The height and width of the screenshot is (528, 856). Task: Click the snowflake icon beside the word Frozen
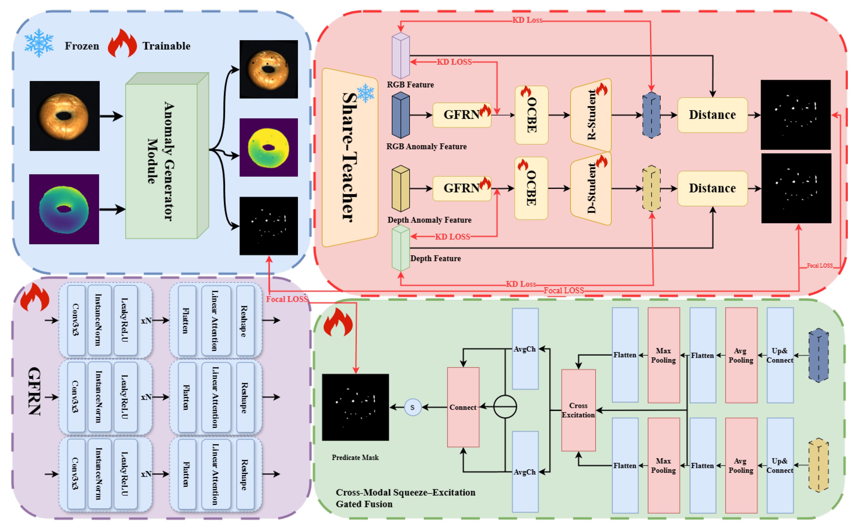[39, 43]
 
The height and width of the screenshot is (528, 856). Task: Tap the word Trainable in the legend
[166, 46]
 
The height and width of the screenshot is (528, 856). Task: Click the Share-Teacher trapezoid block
[349, 157]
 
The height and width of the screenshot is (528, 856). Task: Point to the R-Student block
[591, 115]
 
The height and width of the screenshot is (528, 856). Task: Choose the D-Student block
[591, 189]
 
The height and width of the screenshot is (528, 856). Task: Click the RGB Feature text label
[410, 85]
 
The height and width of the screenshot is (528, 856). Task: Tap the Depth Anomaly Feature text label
[429, 220]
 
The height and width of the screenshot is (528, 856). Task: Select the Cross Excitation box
[578, 410]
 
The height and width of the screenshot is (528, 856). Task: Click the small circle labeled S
[412, 407]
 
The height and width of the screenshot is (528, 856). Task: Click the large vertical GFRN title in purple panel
[34, 391]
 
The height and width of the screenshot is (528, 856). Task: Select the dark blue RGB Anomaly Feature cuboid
[401, 115]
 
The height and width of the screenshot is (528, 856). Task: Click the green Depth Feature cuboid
[401, 248]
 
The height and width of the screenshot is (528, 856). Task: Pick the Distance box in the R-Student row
[712, 115]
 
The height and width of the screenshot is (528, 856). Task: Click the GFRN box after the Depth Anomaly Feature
[462, 189]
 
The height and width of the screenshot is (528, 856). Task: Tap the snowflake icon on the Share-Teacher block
[366, 93]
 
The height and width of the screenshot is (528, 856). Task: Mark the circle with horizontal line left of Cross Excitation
[505, 407]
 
